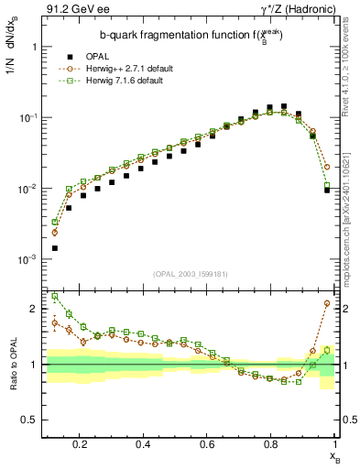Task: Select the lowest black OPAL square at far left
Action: click(55, 248)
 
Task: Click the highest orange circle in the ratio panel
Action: click(327, 303)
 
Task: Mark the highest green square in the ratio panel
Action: click(55, 296)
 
